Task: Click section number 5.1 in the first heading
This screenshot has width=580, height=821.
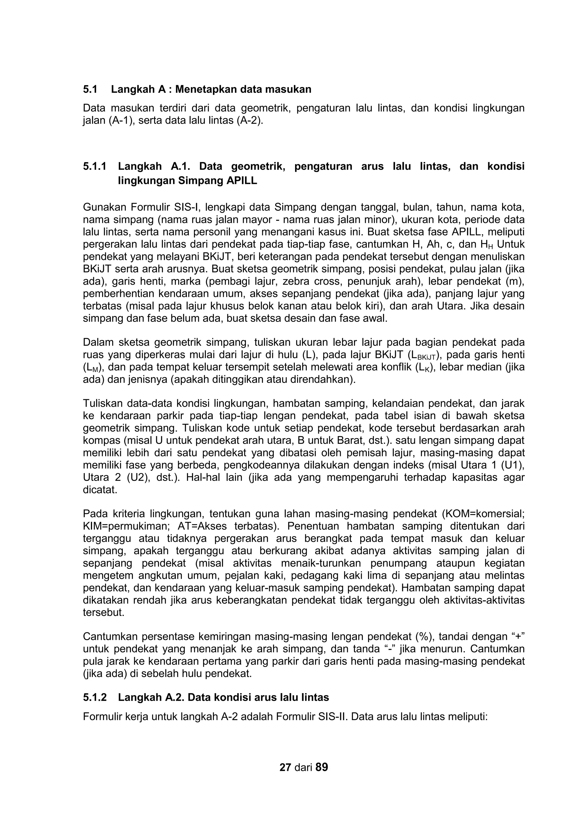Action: click(90, 89)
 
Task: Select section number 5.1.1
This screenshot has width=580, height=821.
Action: click(95, 166)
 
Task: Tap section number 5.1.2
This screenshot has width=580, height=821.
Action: click(95, 697)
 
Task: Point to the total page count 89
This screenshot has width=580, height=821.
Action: click(322, 767)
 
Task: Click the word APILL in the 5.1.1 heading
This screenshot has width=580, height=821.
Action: click(242, 181)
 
